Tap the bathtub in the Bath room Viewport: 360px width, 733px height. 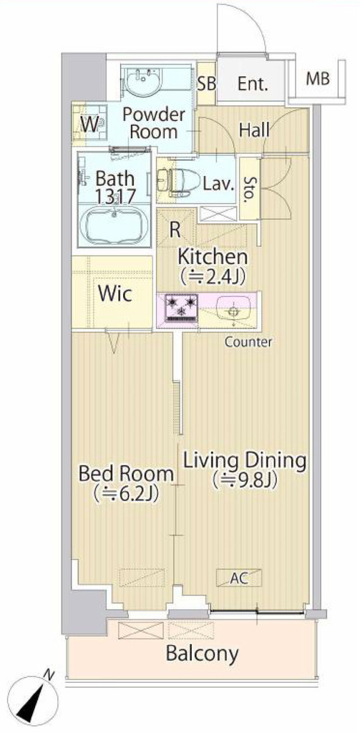[x=115, y=226]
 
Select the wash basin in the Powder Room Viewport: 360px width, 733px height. [x=143, y=80]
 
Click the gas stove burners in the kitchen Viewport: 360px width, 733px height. [x=180, y=309]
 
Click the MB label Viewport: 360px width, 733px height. [x=318, y=79]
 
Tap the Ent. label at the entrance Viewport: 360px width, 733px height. [x=253, y=84]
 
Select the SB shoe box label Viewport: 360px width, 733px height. [x=207, y=84]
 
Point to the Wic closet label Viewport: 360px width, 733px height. [x=115, y=294]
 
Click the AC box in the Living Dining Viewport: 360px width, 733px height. [x=239, y=578]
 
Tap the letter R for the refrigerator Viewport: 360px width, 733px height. [x=175, y=230]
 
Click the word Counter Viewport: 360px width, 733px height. [x=248, y=341]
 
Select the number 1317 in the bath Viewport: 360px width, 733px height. [x=115, y=196]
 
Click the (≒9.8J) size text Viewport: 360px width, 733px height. [x=245, y=480]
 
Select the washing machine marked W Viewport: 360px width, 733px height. [x=91, y=124]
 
